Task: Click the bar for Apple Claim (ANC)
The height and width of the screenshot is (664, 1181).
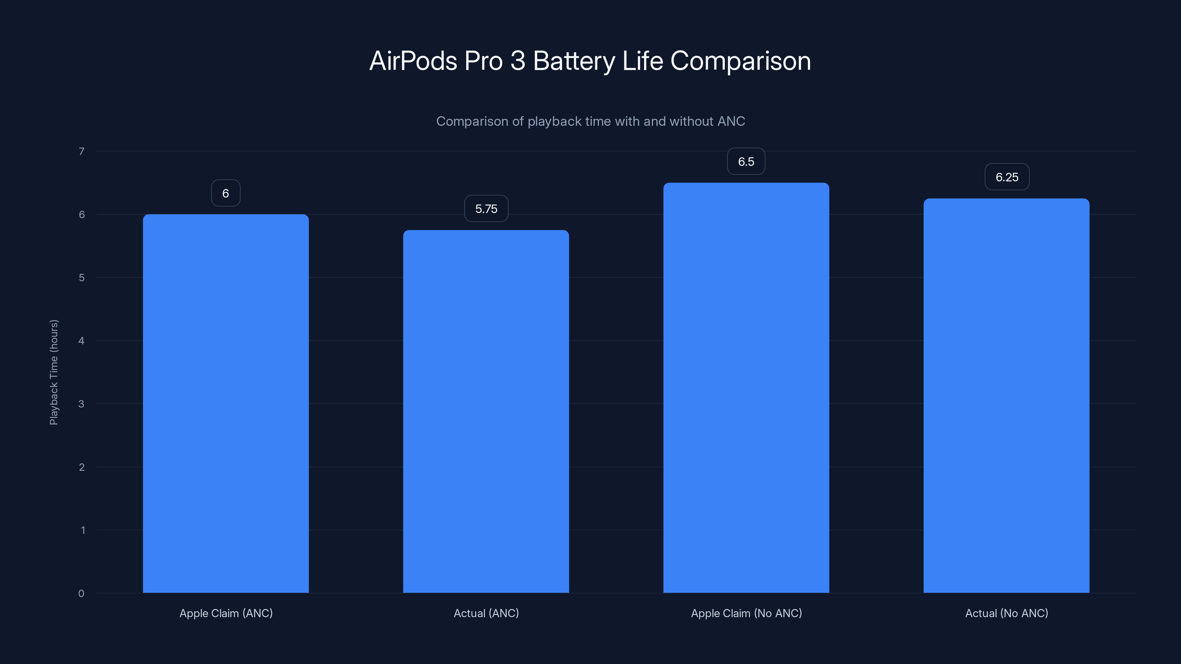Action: click(225, 403)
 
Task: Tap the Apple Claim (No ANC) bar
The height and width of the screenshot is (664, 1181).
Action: click(746, 388)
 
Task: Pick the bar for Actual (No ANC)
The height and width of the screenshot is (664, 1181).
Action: click(1006, 395)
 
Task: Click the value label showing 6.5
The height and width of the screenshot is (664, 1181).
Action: click(746, 161)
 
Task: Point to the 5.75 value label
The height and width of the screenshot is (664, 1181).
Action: click(486, 209)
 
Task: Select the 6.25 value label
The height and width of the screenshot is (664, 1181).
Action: click(1007, 177)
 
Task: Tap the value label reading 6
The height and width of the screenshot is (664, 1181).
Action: click(225, 193)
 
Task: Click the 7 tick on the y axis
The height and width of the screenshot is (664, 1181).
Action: click(82, 151)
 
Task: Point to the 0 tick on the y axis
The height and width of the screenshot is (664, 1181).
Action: click(81, 594)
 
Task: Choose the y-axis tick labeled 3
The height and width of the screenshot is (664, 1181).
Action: click(81, 404)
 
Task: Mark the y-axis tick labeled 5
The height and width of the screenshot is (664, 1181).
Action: click(82, 278)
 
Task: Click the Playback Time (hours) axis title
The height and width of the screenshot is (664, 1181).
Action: click(54, 372)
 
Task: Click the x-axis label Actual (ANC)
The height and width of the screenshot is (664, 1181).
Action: click(486, 613)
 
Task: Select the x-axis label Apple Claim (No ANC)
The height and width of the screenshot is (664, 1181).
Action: click(746, 613)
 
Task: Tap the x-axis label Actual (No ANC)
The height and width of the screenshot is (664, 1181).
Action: click(1006, 613)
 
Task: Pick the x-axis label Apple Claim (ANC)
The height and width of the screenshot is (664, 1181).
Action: click(226, 613)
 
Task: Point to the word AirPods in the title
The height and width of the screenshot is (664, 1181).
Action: click(413, 60)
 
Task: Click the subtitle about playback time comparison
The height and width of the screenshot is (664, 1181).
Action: click(590, 121)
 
